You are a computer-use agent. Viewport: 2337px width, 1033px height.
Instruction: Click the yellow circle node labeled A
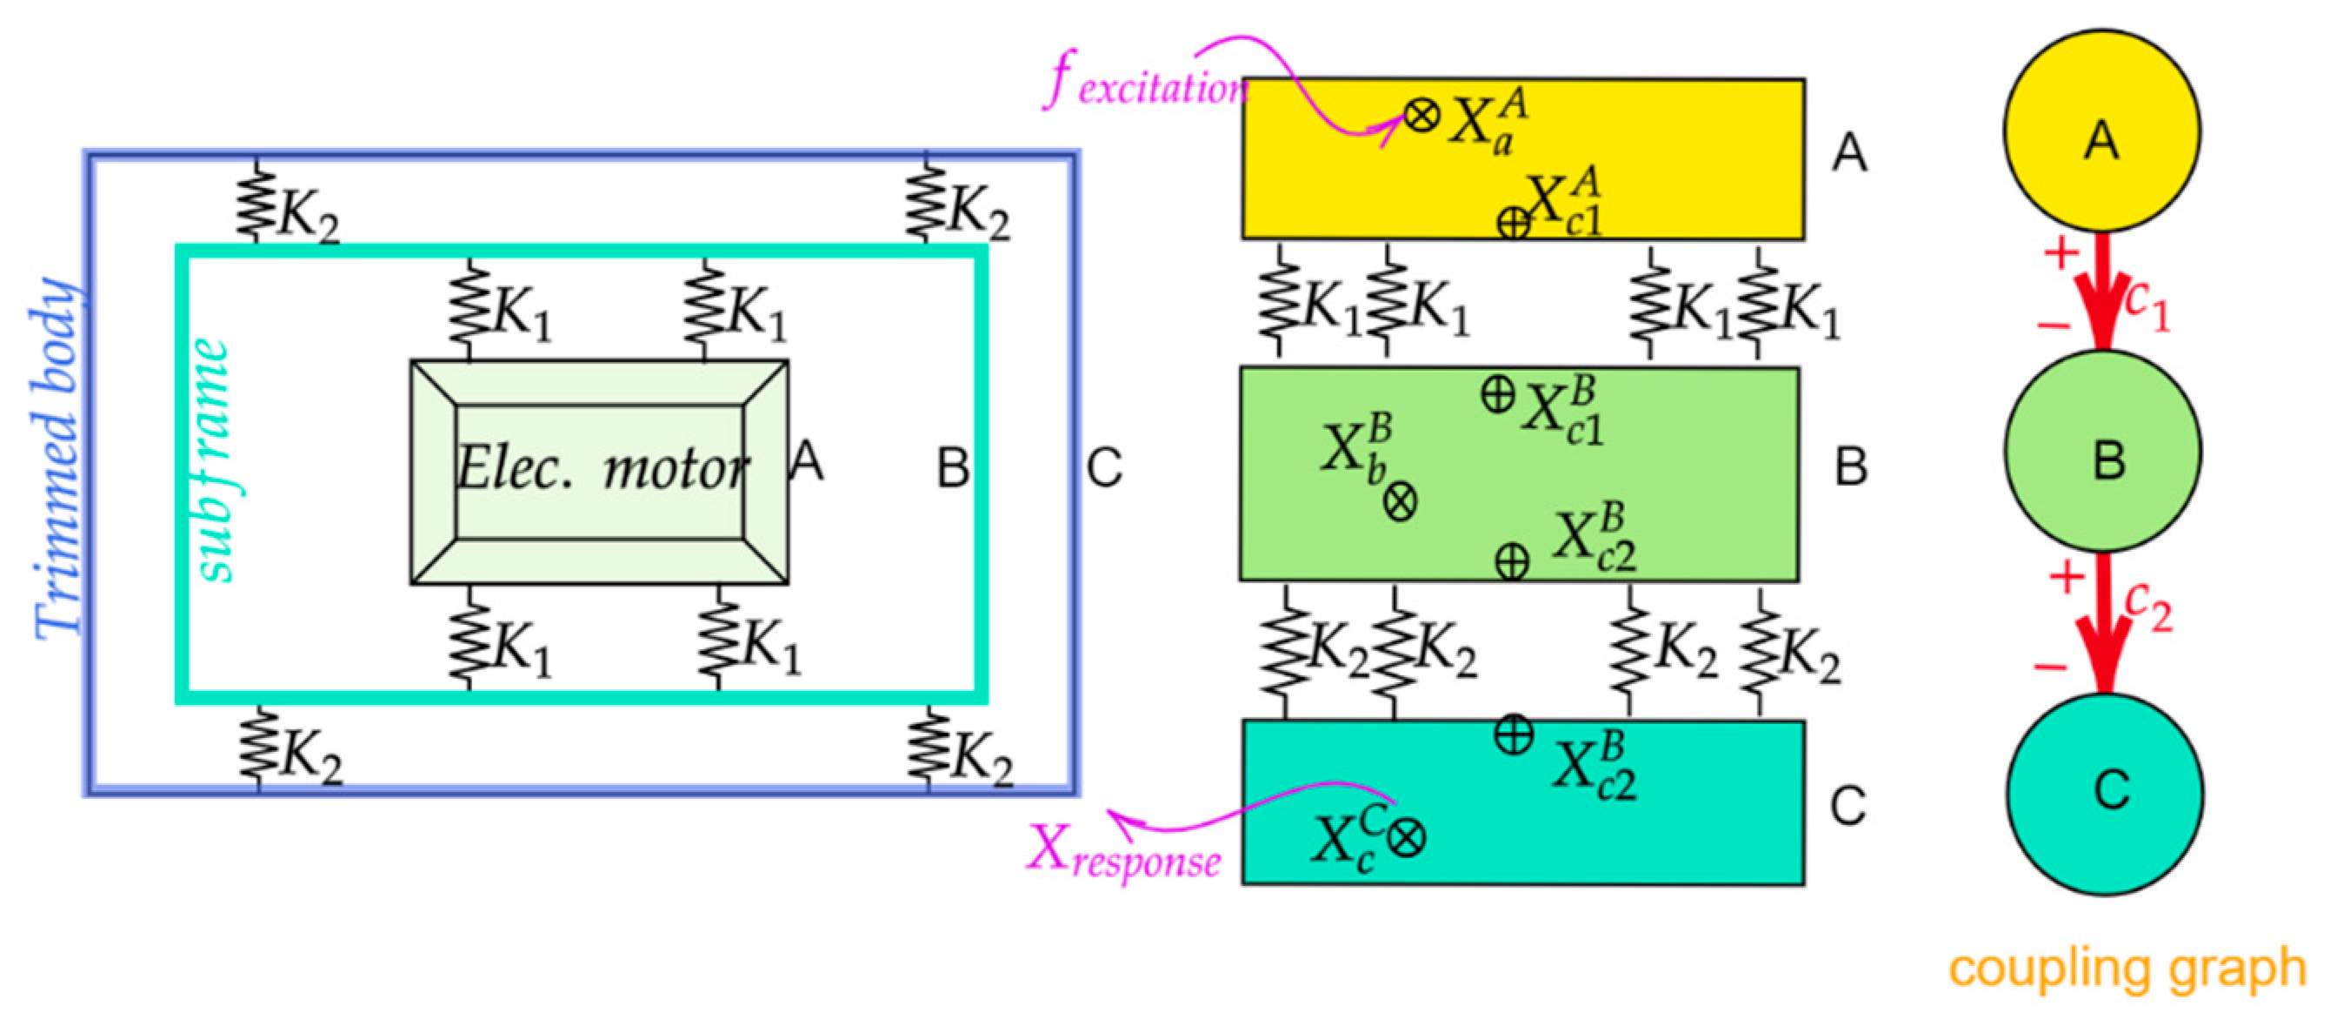[2101, 131]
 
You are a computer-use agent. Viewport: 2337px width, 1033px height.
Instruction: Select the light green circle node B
[2103, 451]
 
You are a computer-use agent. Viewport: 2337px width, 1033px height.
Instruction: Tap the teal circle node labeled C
[2105, 793]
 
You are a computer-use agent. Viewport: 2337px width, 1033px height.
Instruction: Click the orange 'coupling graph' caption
[2127, 969]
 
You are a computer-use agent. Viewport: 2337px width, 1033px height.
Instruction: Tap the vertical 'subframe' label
[210, 459]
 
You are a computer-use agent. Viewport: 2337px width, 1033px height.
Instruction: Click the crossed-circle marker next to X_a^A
[1421, 115]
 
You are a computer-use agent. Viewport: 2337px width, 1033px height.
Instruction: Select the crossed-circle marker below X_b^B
[1400, 501]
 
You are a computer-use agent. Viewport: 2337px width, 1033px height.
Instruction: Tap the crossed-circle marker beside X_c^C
[1406, 838]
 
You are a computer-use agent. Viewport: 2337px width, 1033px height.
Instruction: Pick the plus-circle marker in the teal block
[1514, 735]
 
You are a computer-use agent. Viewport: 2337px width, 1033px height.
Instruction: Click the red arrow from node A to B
[2103, 295]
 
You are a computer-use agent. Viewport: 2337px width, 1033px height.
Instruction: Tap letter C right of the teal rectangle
[1848, 805]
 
